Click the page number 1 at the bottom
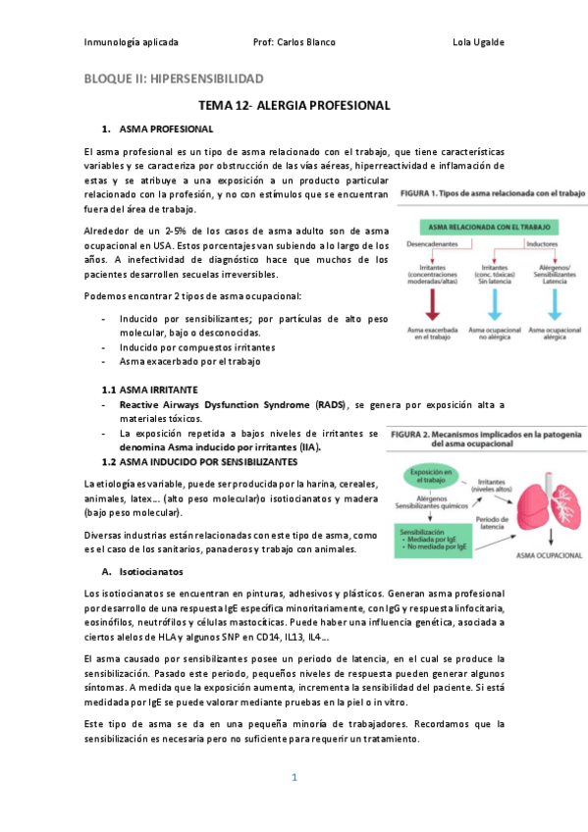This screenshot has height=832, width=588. pyautogui.click(x=294, y=778)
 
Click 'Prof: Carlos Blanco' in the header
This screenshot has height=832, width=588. pyautogui.click(x=294, y=42)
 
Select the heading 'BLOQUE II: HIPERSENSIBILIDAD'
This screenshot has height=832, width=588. pyautogui.click(x=173, y=78)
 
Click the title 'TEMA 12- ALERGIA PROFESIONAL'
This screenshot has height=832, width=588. pyautogui.click(x=294, y=105)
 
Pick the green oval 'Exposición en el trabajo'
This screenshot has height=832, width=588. pyautogui.click(x=427, y=476)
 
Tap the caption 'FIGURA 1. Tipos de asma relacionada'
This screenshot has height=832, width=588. pyautogui.click(x=492, y=193)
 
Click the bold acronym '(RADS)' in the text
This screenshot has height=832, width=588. pyautogui.click(x=330, y=404)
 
